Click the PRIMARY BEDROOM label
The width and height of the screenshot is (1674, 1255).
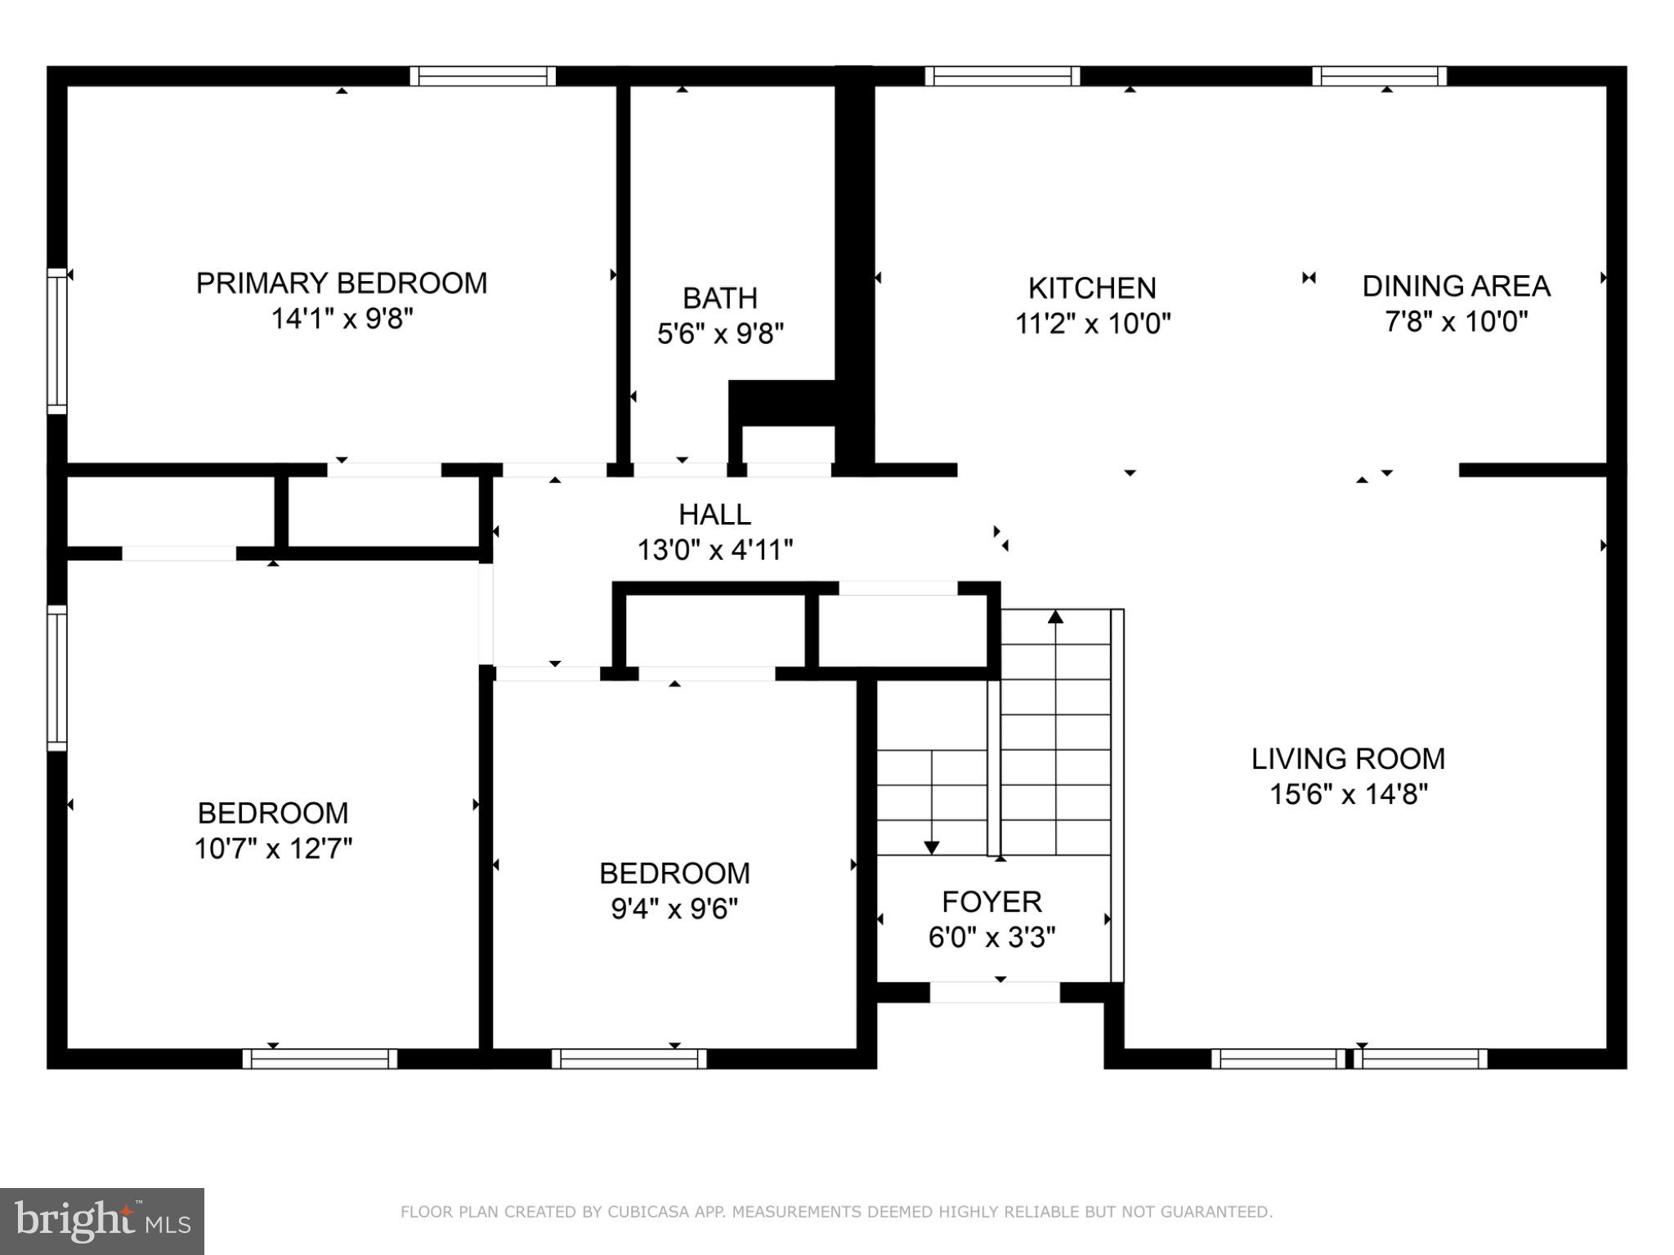coord(341,284)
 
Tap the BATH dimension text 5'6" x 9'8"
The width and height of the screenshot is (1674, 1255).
coord(720,333)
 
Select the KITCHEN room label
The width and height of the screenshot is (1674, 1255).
coord(1092,288)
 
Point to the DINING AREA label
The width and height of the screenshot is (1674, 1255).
coord(1456,286)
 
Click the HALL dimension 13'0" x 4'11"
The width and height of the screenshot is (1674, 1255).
coord(715,550)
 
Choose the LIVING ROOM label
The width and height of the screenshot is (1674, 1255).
coord(1348,759)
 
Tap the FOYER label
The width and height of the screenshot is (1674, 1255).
coord(991,902)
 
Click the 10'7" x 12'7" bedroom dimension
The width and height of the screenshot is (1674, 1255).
coord(273,849)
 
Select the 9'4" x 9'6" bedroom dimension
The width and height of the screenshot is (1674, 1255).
coord(674,909)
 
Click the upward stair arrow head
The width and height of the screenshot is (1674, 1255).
coord(1055,617)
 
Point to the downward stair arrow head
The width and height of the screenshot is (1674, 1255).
coord(931,848)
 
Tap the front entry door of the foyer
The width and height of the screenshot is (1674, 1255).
coord(995,993)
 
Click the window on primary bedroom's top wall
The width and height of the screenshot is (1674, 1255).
coord(482,76)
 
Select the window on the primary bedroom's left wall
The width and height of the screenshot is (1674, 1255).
coord(56,342)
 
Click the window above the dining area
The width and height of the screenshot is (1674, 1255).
coord(1379,76)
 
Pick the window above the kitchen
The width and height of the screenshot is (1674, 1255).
coord(1002,76)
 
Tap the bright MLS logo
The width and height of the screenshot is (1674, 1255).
coord(102,1221)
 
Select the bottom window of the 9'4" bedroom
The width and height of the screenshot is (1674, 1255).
coord(629,1059)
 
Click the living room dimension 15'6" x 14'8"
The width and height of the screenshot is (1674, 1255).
coord(1348,794)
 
